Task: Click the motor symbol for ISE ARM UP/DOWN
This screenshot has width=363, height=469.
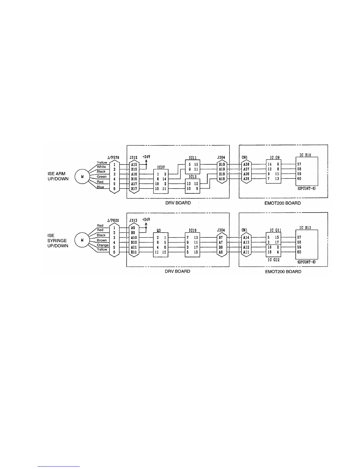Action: [82, 177]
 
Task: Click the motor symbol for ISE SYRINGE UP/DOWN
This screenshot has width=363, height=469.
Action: [82, 240]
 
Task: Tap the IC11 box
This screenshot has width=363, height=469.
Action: [192, 167]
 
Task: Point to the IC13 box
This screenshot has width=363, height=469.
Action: [192, 186]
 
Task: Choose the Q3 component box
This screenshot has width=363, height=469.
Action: [161, 245]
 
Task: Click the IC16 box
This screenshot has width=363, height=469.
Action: [192, 245]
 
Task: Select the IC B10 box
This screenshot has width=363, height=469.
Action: [307, 172]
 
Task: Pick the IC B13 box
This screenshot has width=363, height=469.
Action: [307, 244]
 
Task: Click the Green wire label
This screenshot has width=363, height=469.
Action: [102, 177]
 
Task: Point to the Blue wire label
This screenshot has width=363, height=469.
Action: [100, 187]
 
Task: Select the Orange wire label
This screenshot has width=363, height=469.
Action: [103, 245]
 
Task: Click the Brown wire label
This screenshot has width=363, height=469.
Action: [102, 240]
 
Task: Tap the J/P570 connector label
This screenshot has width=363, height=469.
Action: [113, 158]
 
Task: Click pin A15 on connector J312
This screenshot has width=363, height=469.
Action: [134, 165]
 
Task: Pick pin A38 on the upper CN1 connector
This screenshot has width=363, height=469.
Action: [246, 165]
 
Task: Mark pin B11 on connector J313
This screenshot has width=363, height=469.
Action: [134, 252]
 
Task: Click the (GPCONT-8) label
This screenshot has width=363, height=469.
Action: [306, 262]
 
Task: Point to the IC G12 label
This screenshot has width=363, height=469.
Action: [273, 260]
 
